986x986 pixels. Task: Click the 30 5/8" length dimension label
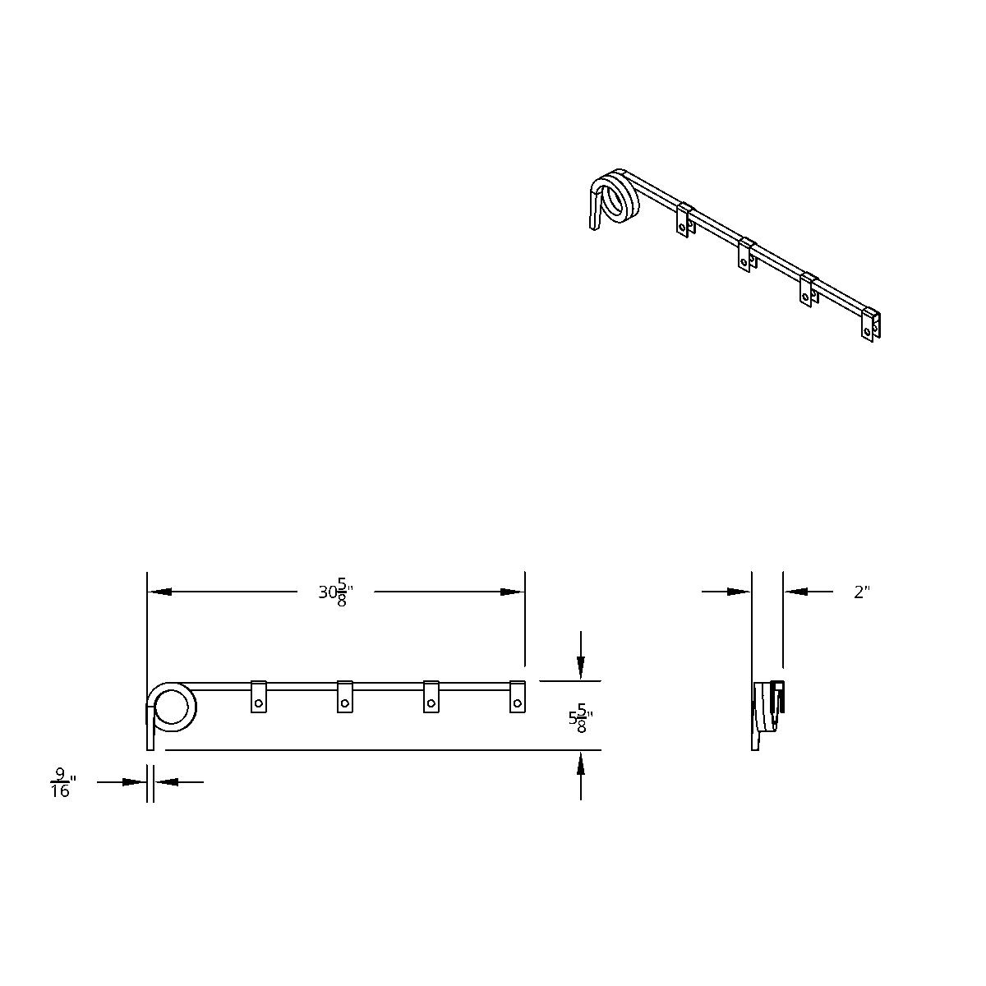(335, 592)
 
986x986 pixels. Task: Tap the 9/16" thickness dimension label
(61, 782)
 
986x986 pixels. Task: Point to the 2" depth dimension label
(861, 592)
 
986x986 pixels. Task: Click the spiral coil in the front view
(172, 707)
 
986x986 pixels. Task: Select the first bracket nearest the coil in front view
(259, 697)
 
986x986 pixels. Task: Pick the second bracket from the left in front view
(345, 697)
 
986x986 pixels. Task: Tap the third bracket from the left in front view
(431, 697)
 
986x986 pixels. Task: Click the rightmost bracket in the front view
(518, 697)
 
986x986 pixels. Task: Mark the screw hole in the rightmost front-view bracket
(518, 703)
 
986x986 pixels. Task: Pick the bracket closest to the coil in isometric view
(685, 219)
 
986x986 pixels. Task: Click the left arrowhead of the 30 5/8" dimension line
(159, 592)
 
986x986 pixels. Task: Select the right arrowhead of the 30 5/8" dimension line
(514, 592)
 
